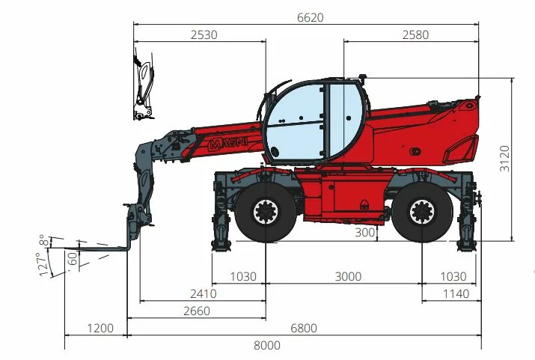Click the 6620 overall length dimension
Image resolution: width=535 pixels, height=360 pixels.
click(310, 18)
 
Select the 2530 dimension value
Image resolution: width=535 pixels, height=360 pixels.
click(204, 34)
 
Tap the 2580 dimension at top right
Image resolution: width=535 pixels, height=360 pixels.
click(416, 34)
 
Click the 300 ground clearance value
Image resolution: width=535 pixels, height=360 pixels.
click(364, 233)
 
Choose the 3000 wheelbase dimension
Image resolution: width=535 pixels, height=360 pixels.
click(348, 276)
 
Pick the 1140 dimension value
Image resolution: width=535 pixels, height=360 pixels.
click(456, 293)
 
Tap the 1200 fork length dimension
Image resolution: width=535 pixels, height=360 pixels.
click(100, 328)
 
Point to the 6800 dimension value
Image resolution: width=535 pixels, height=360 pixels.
click(304, 328)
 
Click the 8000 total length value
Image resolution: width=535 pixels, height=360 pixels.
click(267, 345)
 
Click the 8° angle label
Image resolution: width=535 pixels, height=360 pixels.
click(45, 240)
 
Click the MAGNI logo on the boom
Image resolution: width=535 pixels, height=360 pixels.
click(224, 142)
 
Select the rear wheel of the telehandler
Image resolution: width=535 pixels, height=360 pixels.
click(421, 213)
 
